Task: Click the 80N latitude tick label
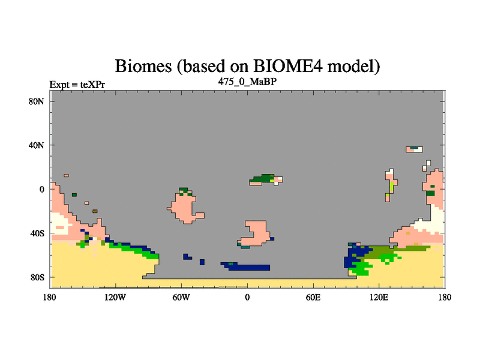36,101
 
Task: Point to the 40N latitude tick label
36,145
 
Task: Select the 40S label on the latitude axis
37,233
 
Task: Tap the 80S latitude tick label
37,277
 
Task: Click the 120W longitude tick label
115,297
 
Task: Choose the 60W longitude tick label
181,297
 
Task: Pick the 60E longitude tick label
313,297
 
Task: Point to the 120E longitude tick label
379,297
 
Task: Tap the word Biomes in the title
143,66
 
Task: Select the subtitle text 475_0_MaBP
247,82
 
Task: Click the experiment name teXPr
92,85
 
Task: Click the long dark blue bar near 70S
248,267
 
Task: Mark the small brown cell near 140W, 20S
95,211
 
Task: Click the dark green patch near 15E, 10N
263,178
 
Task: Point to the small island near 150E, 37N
414,149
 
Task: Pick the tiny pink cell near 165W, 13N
66,175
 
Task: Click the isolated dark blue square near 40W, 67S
202,262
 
